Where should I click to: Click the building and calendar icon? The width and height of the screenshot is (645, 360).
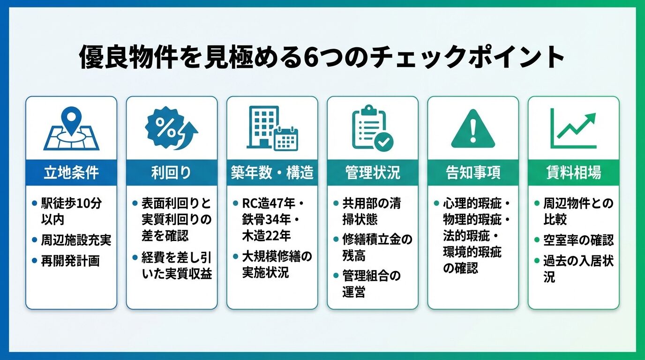point(271,128)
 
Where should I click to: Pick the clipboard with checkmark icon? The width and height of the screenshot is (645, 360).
point(372,128)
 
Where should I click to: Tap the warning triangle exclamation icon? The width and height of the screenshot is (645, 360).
point(473,129)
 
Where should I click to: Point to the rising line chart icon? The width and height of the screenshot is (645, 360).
point(573,128)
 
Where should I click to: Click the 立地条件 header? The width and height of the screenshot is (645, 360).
point(71,172)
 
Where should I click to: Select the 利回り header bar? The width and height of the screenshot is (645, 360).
point(171,172)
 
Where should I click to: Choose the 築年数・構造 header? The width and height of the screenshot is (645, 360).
point(272,172)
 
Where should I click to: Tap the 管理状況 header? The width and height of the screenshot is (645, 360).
point(372,172)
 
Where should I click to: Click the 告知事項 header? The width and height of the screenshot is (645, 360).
point(473,172)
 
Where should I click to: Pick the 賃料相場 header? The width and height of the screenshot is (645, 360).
point(573,172)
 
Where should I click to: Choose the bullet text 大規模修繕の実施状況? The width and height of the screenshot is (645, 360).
point(277,264)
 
